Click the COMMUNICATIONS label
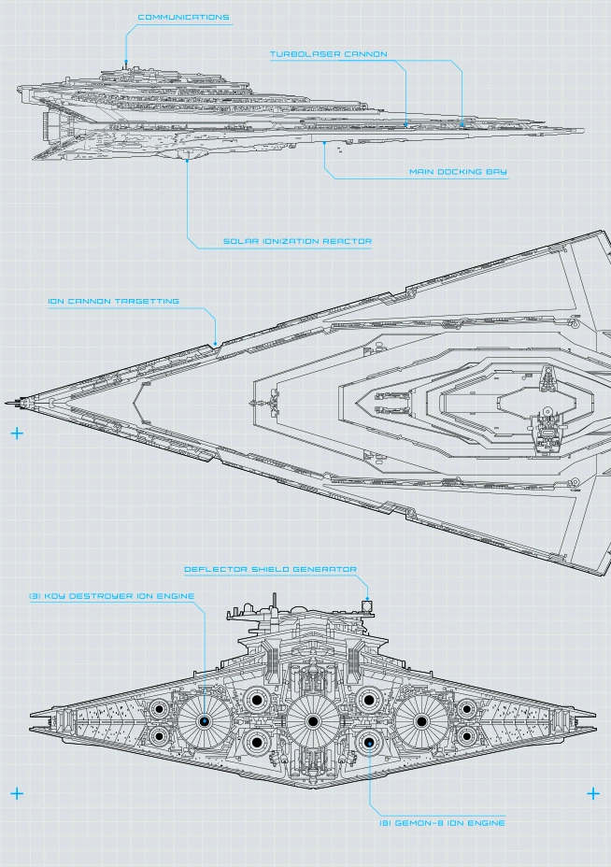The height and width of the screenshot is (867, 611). [183, 18]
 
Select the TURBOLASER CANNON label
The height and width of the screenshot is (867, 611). [329, 54]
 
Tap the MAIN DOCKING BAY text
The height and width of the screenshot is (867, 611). [458, 172]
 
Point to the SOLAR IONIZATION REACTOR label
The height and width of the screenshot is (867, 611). [297, 241]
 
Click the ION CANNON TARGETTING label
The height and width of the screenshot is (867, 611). [114, 302]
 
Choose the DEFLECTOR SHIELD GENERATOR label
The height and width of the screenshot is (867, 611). [270, 569]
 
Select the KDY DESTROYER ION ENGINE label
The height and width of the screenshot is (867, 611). [110, 596]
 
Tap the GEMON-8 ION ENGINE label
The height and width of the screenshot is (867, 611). [442, 823]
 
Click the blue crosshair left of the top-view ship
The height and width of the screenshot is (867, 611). [16, 433]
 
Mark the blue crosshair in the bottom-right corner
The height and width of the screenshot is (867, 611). [592, 793]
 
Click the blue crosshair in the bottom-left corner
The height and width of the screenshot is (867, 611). [16, 793]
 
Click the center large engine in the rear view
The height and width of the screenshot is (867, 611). [311, 721]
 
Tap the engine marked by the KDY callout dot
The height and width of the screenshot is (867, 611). [204, 721]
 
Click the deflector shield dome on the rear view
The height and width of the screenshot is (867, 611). [368, 605]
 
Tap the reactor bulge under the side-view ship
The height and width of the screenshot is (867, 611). [187, 155]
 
